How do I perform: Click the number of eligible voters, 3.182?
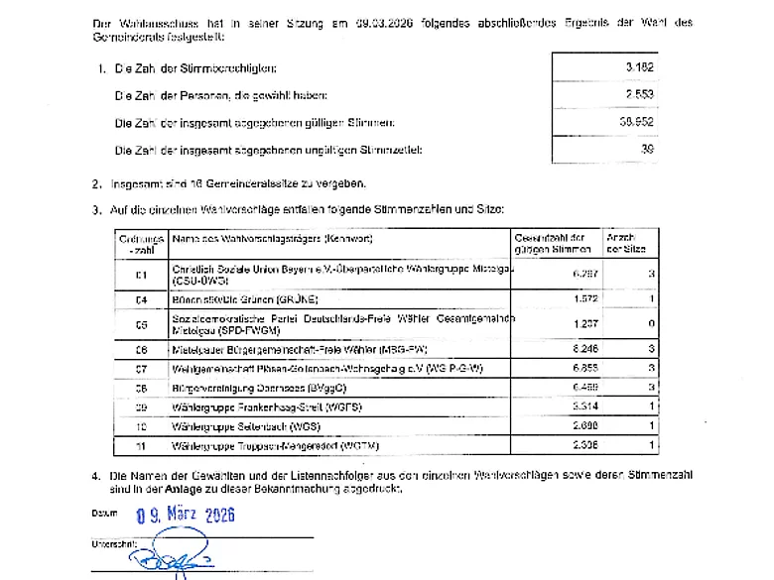[640, 67]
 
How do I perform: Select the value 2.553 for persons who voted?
[640, 95]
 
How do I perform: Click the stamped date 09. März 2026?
[186, 515]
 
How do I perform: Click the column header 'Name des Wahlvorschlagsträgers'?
[273, 240]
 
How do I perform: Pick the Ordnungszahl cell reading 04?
[141, 298]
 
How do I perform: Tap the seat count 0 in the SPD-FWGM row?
[650, 324]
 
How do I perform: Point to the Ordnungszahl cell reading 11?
[141, 445]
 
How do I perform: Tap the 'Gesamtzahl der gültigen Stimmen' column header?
[551, 244]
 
